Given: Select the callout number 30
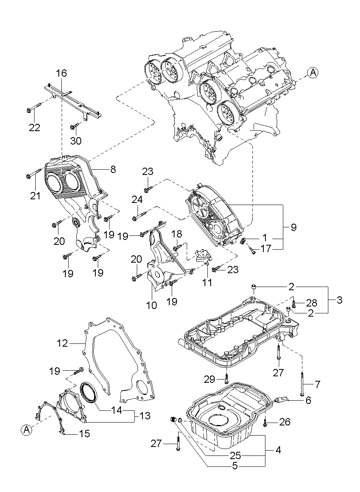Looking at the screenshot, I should point(76,141).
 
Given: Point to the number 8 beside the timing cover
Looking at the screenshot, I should point(113,169).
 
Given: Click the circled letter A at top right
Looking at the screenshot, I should point(313,73).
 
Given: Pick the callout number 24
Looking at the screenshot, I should point(137,199).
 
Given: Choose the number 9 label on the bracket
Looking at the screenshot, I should point(293,227).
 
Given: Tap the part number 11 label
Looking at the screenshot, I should point(207,283).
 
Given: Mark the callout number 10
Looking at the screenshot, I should point(151,305).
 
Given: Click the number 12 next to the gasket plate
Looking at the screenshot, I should point(62,343).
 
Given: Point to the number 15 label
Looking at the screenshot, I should point(84,434).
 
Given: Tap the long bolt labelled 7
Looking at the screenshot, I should point(303,383).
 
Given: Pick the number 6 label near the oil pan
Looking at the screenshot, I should point(308,400).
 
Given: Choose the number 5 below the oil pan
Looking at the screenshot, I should point(235,466).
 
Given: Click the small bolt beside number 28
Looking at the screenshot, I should point(293,304).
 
